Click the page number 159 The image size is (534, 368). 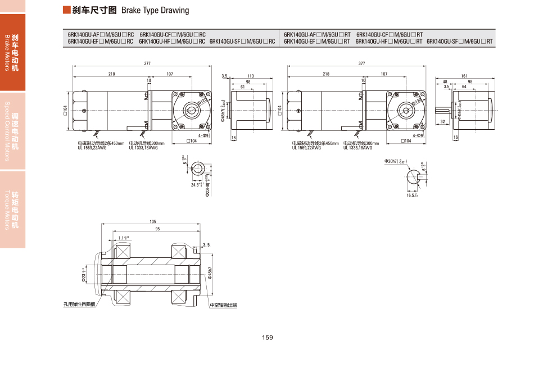(267, 338)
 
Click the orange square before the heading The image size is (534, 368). (67, 10)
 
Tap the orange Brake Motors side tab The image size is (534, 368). (12, 52)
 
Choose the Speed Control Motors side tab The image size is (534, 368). (12, 130)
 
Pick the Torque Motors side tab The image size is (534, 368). (12, 209)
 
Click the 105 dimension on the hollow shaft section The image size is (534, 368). (153, 221)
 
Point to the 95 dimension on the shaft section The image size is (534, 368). (157, 229)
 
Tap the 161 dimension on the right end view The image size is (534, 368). (464, 76)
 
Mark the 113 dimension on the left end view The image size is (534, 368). (251, 76)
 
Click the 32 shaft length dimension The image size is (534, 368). (443, 121)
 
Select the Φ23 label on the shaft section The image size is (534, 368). (84, 277)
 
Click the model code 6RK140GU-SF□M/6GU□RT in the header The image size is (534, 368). (460, 41)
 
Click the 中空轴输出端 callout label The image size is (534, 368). (224, 305)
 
